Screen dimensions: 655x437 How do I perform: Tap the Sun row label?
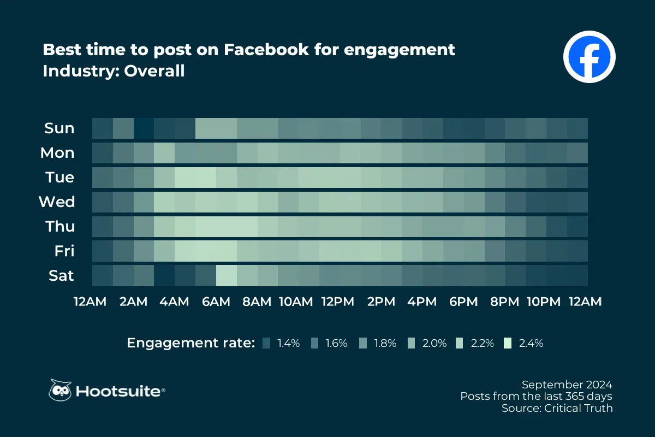coord(59,128)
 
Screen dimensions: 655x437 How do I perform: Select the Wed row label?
coord(57,202)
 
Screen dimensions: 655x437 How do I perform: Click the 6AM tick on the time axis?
coord(216,302)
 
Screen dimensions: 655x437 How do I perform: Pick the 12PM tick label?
coord(338,302)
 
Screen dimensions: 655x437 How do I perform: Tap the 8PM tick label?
coord(504,302)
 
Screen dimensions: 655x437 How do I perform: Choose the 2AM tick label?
coord(134,302)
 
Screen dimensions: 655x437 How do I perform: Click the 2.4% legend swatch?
coord(508,343)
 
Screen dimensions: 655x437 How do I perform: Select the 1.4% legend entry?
coord(282,343)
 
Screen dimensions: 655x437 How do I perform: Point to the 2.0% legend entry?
coord(428,343)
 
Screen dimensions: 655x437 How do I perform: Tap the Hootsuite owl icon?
coord(60,391)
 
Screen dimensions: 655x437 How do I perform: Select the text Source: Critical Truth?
coord(557,408)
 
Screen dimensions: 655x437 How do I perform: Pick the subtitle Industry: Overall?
coord(114,71)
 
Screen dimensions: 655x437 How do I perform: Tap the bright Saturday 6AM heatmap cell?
coord(227,276)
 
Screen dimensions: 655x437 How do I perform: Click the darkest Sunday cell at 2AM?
coord(144,128)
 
